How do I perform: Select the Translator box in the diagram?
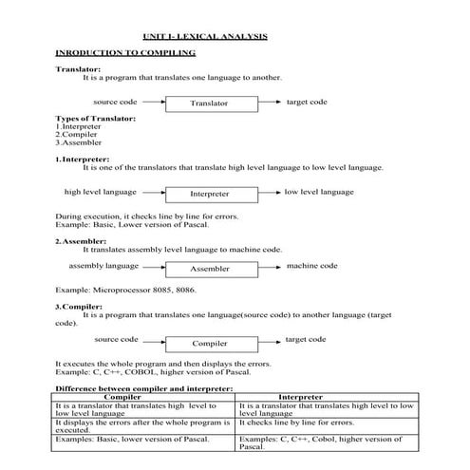209,103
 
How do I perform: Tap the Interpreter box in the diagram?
209,194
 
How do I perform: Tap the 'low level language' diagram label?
319,191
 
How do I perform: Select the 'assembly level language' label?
104,266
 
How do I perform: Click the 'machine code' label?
311,266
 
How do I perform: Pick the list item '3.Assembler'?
79,141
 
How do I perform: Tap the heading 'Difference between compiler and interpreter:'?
144,388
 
